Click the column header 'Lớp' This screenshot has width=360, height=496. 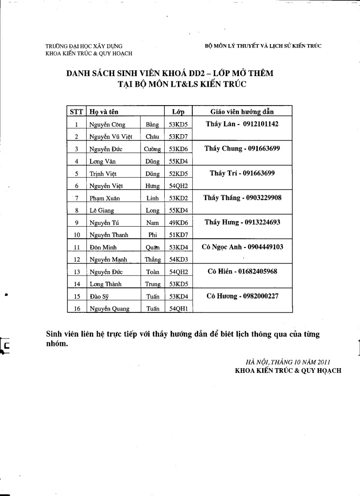[178, 112]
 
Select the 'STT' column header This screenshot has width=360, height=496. [77, 112]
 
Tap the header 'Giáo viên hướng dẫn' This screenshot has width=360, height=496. [242, 111]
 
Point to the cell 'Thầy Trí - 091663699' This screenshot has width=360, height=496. [242, 173]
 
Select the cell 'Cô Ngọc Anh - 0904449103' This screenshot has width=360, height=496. [242, 247]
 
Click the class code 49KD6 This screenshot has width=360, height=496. [178, 223]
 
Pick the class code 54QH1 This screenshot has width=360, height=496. [178, 309]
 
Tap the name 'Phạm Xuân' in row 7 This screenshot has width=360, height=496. [104, 198]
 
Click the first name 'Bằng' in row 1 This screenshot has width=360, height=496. [152, 124]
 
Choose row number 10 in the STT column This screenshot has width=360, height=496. [77, 235]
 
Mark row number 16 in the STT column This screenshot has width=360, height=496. [77, 309]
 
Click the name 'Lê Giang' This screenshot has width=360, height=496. [101, 211]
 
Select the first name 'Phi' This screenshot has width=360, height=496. [152, 235]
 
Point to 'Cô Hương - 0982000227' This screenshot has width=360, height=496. [242, 296]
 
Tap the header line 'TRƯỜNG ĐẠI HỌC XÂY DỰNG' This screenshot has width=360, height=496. [84, 46]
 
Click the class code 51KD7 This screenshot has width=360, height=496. [178, 235]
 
